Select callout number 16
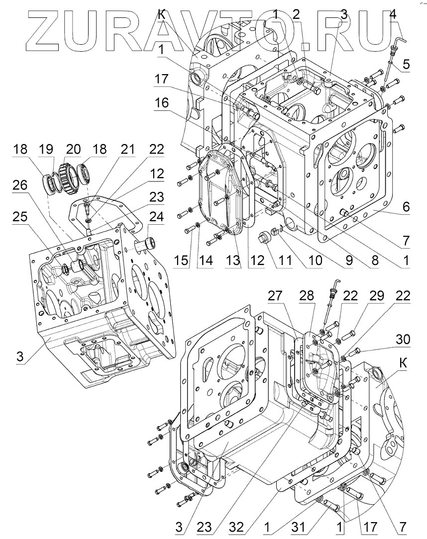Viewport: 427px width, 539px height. (161, 103)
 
